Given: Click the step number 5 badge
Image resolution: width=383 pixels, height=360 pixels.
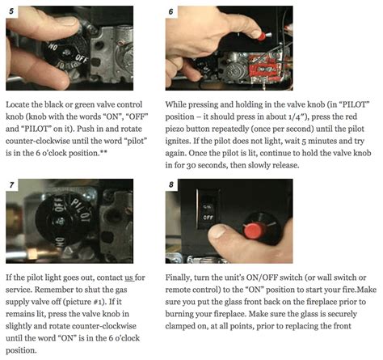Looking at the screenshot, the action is pyautogui.click(x=11, y=11).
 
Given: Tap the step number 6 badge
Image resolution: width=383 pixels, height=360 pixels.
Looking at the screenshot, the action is pyautogui.click(x=171, y=11).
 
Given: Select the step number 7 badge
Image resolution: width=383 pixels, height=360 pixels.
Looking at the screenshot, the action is pyautogui.click(x=11, y=184).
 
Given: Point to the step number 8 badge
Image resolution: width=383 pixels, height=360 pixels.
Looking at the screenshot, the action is pyautogui.click(x=171, y=184).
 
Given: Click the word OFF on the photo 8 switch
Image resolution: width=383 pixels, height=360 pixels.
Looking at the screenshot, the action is pyautogui.click(x=208, y=217).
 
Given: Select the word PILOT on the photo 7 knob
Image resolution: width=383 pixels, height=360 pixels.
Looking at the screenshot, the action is pyautogui.click(x=81, y=209).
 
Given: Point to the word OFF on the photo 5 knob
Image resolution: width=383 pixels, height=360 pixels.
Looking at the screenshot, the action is pyautogui.click(x=81, y=58).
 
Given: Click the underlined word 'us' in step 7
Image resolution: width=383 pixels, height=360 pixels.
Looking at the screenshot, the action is pyautogui.click(x=128, y=277).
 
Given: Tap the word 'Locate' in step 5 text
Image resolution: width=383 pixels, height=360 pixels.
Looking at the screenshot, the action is pyautogui.click(x=16, y=104).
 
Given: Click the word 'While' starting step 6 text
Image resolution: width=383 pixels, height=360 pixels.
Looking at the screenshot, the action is pyautogui.click(x=175, y=104).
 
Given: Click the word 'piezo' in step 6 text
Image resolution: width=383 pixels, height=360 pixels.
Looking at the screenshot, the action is pyautogui.click(x=175, y=129).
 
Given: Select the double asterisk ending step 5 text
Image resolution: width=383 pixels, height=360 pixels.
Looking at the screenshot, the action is pyautogui.click(x=103, y=152).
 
